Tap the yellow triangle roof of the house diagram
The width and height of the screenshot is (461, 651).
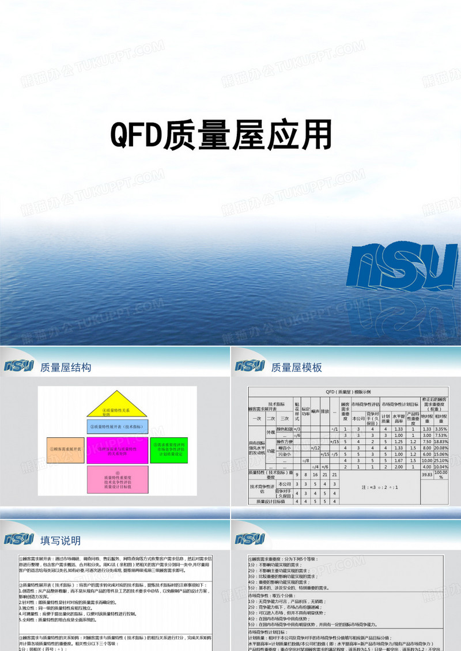point(118,404)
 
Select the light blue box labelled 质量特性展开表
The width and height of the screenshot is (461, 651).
point(118,427)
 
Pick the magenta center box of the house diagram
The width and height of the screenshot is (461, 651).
point(118,451)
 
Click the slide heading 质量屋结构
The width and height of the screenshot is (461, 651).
point(66,368)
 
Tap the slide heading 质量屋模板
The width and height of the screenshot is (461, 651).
point(296,368)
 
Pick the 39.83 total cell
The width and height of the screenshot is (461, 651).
point(427,474)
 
